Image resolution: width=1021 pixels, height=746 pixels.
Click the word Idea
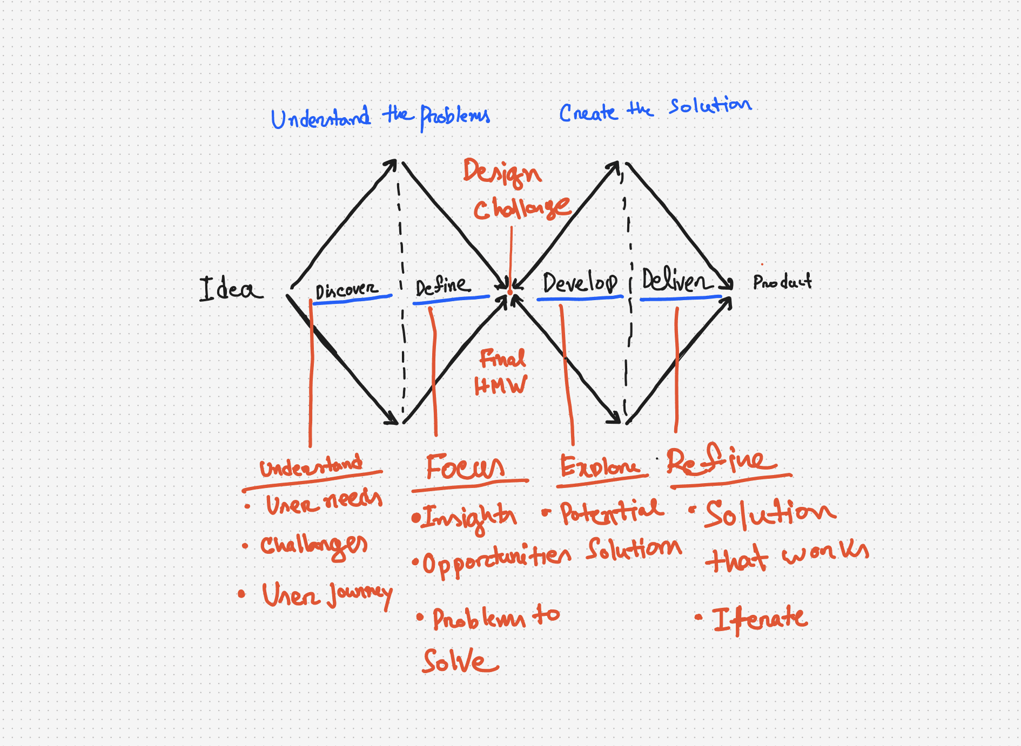coord(231,289)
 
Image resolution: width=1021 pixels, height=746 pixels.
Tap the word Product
coord(782,282)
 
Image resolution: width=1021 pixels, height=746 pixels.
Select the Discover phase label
coord(346,290)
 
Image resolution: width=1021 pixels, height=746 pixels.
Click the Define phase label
coord(442,285)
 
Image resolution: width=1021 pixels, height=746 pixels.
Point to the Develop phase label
coord(580,283)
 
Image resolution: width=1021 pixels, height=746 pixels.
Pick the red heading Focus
coord(465,467)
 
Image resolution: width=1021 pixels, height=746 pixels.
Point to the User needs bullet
coord(323,503)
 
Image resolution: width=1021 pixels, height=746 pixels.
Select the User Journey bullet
coord(326,595)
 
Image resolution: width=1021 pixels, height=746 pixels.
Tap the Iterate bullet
coord(760,619)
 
